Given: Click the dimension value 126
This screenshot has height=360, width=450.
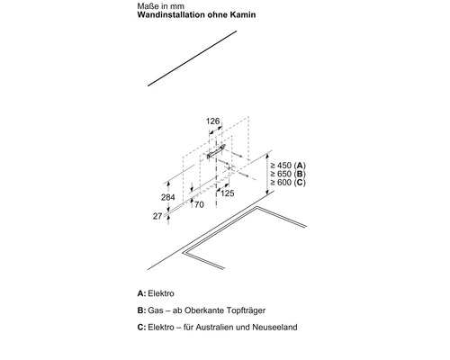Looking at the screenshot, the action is [212, 121].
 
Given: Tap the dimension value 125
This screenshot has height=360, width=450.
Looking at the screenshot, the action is [227, 193].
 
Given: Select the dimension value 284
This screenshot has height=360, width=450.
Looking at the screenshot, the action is [168, 197].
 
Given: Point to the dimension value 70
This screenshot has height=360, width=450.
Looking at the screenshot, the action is [199, 204].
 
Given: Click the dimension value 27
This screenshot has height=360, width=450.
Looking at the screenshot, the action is [157, 216].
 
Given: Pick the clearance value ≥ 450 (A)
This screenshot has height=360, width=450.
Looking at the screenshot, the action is [288, 166].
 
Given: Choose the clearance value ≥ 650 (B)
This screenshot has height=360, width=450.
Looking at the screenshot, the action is [288, 174].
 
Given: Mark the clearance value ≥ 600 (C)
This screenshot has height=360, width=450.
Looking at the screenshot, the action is [288, 182].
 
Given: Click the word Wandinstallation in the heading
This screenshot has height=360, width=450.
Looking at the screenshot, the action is [172, 14].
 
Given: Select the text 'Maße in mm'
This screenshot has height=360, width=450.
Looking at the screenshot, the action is [161, 6].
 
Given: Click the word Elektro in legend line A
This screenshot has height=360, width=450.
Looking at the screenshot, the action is [161, 293].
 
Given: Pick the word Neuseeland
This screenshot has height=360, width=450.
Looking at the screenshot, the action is [274, 327].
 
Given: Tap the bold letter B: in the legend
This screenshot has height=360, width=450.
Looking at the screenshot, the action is [141, 310].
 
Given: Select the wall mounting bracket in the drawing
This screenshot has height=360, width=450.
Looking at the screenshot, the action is [216, 151].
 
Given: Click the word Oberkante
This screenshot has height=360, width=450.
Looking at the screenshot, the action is [202, 310].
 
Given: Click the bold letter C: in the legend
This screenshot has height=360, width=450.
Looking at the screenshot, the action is [141, 327].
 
